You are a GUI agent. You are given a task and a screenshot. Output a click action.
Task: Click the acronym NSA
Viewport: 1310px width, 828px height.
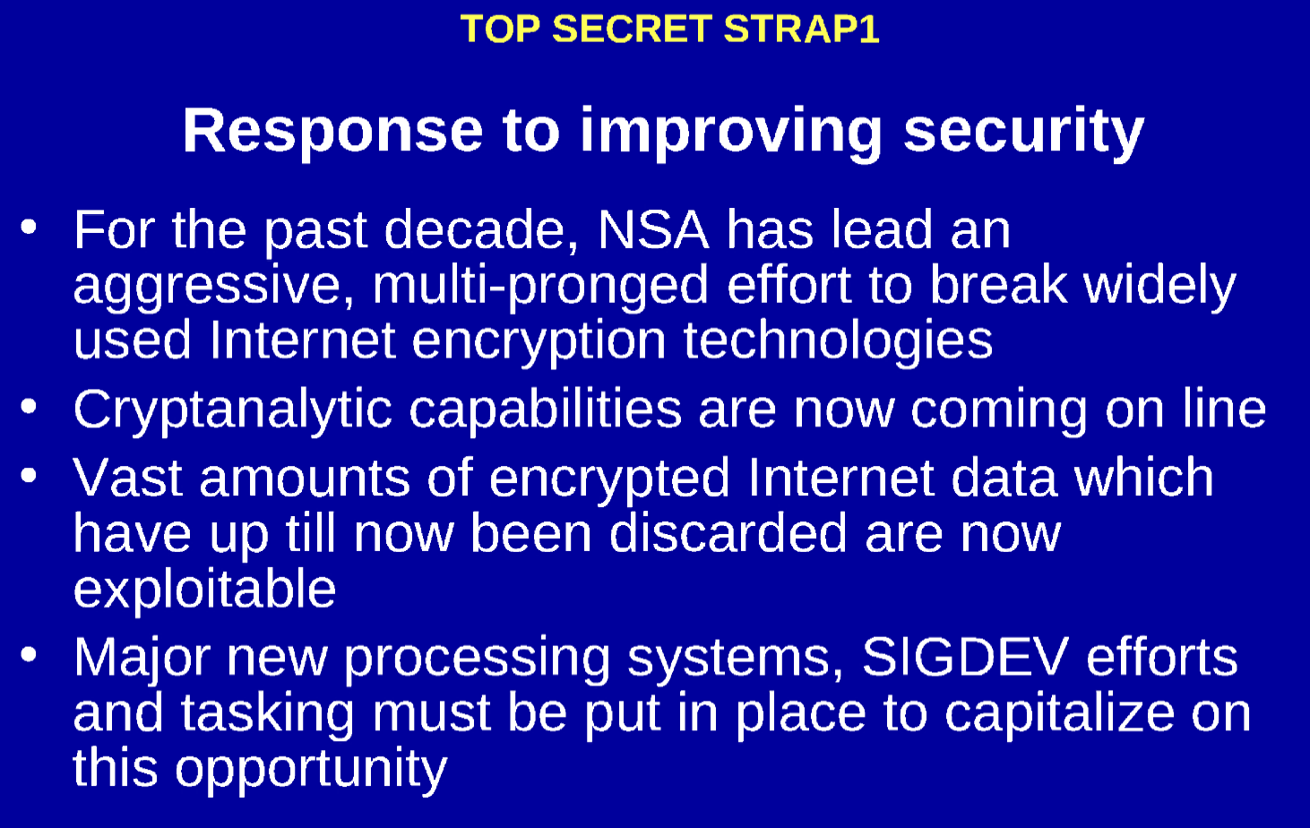coord(652,229)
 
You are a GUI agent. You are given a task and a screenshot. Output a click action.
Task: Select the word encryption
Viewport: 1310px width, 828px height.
coord(539,341)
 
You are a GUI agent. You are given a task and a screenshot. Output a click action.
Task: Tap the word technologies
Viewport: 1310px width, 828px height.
coord(838,341)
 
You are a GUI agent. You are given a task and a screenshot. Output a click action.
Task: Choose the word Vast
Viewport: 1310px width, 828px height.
coord(128,478)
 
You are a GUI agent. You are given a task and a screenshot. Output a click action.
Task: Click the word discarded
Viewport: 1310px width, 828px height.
coord(728,534)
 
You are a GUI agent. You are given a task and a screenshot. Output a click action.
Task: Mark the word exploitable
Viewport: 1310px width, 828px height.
coord(204,590)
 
